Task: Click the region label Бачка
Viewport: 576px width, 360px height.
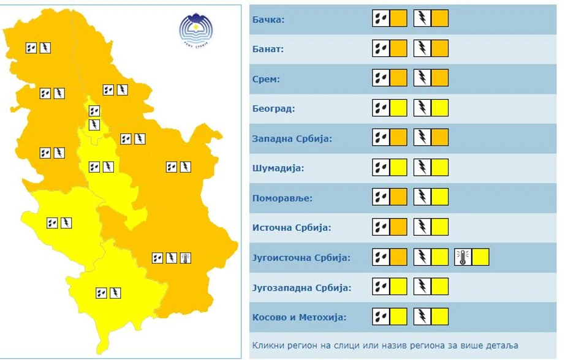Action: (x=268, y=20)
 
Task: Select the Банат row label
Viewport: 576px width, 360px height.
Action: (x=268, y=49)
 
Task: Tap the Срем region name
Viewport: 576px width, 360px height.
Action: (x=266, y=79)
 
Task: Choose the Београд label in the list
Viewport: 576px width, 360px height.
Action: (x=273, y=109)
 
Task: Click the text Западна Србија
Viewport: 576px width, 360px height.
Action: (x=292, y=138)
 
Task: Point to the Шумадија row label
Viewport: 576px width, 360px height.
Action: (x=278, y=168)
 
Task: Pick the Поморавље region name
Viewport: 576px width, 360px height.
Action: (x=282, y=198)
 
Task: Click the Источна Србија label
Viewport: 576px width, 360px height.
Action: (x=291, y=228)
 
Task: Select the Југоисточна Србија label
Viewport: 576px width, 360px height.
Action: (x=301, y=258)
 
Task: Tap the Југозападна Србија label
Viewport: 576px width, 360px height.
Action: (x=301, y=287)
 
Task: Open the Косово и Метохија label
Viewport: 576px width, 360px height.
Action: (x=299, y=317)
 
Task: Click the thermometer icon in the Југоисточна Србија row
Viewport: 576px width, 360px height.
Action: (x=463, y=257)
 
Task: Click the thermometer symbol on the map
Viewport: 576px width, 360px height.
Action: (x=186, y=258)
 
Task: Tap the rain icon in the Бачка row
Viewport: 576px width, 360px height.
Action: (x=381, y=18)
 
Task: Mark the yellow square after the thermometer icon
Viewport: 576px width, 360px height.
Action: (x=480, y=257)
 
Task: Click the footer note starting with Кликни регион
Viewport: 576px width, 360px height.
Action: (x=385, y=345)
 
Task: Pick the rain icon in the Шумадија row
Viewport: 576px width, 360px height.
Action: (x=381, y=168)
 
